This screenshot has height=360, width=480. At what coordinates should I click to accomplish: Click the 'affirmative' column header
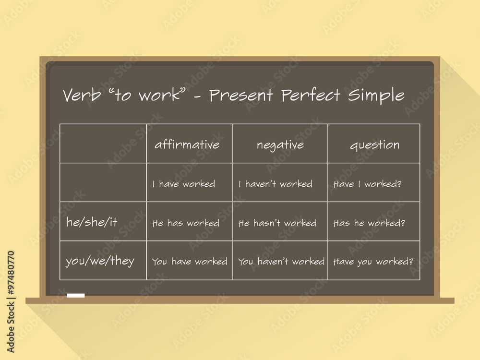click(x=187, y=144)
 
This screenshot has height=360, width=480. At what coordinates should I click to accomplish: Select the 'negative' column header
click(x=280, y=144)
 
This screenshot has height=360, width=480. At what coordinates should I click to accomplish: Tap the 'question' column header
click(x=374, y=145)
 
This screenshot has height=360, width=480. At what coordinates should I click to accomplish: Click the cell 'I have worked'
click(x=184, y=184)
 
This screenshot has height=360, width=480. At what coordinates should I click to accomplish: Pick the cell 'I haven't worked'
click(x=276, y=184)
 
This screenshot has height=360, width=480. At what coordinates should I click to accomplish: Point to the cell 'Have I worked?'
click(x=367, y=184)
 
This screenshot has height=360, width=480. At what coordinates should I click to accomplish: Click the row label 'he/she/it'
click(x=92, y=222)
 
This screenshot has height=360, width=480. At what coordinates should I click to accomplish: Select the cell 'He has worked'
click(x=186, y=223)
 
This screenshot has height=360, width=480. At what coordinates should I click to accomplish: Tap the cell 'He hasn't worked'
click(x=277, y=223)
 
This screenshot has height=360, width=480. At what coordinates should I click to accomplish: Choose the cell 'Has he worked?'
click(x=369, y=223)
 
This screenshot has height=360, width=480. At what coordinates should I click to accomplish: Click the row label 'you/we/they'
click(x=100, y=262)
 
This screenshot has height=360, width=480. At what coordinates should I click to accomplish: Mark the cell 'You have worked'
click(x=190, y=262)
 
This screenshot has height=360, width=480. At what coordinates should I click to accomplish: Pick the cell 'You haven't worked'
click(x=281, y=262)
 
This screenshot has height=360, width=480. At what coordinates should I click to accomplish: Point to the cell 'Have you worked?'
click(x=373, y=262)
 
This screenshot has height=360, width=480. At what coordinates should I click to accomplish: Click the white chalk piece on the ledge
click(x=76, y=295)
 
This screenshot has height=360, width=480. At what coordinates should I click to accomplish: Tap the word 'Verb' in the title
click(x=82, y=95)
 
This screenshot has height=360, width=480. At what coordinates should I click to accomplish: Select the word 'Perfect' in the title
click(x=311, y=95)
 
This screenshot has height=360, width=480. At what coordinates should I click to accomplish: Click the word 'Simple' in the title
click(x=376, y=96)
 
